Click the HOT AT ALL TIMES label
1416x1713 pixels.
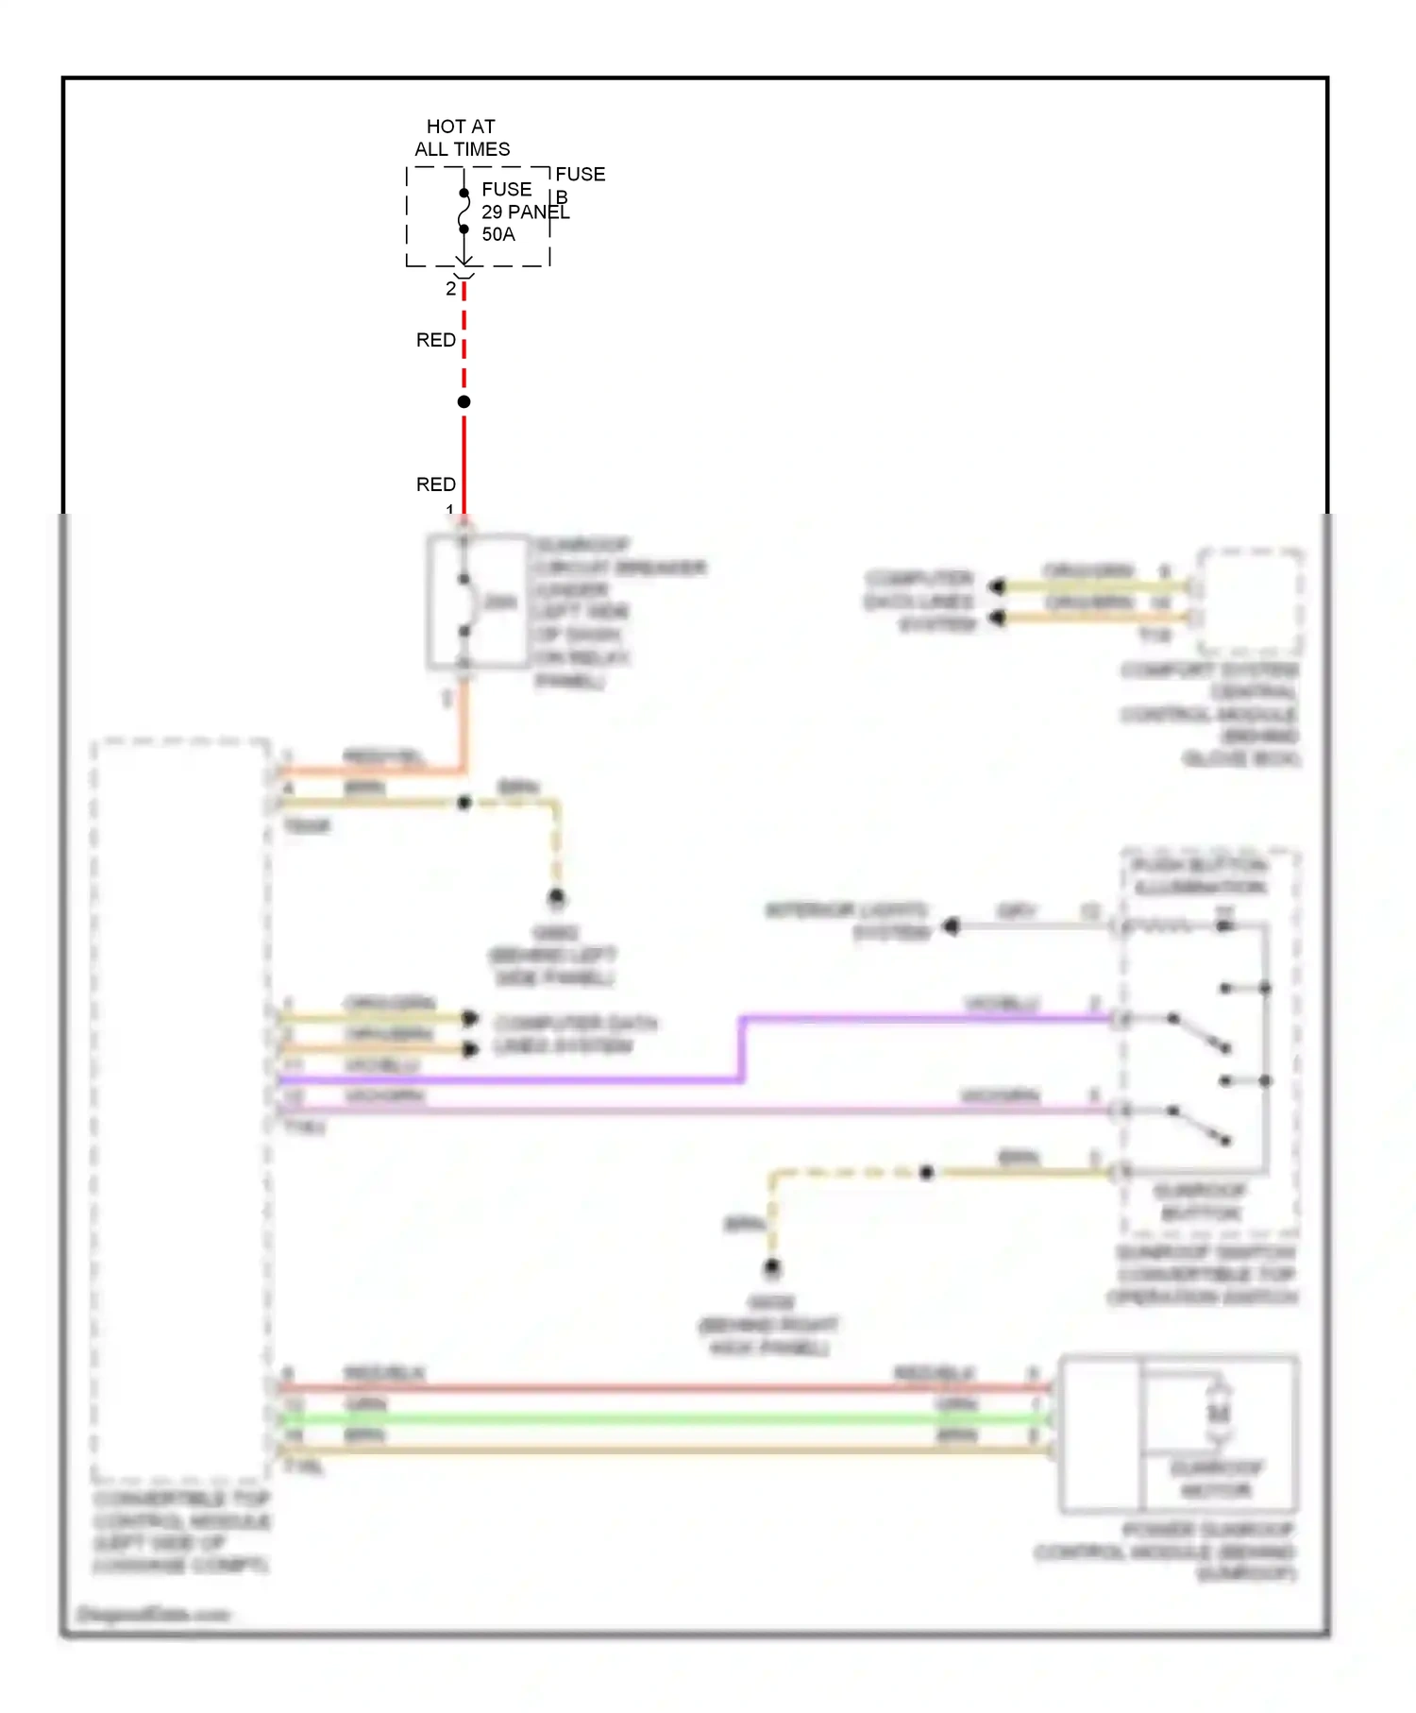[462, 138]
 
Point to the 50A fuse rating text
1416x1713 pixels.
[498, 234]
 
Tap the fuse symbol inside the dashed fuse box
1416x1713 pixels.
[464, 212]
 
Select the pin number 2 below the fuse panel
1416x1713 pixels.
[451, 289]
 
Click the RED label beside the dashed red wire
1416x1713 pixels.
[436, 340]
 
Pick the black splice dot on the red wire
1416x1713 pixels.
[464, 402]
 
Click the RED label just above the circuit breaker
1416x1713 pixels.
[436, 484]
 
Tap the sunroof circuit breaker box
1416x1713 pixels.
[478, 602]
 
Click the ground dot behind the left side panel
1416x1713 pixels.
[557, 897]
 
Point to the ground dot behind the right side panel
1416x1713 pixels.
[772, 1267]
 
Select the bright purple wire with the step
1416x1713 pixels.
[742, 1048]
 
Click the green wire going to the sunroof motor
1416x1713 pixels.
[661, 1418]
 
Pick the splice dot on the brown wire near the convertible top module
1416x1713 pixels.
[464, 803]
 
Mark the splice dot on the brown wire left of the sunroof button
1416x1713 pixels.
[927, 1173]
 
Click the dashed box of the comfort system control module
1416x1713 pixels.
[1250, 602]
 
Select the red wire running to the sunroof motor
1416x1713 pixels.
[661, 1388]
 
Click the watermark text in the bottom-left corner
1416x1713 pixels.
[151, 1614]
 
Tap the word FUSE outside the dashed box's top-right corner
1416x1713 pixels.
[580, 175]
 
